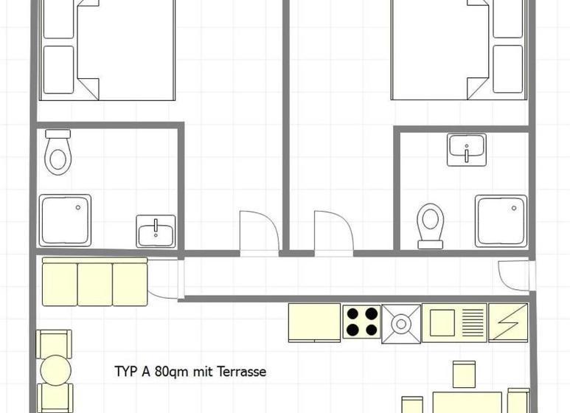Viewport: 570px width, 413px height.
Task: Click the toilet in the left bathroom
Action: pyautogui.click(x=58, y=153)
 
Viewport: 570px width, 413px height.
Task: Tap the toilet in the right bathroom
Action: pyautogui.click(x=431, y=226)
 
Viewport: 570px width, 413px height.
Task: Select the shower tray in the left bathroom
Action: pyautogui.click(x=65, y=221)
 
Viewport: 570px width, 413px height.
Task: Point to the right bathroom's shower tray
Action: pyautogui.click(x=501, y=221)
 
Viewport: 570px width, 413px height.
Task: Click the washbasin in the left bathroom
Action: pyautogui.click(x=156, y=232)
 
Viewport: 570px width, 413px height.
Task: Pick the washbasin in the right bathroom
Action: pyautogui.click(x=467, y=150)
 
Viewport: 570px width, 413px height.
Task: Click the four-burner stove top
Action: pyautogui.click(x=361, y=322)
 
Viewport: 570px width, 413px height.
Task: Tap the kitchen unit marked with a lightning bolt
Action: pyautogui.click(x=508, y=323)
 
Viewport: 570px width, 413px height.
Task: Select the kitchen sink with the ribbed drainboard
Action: pyautogui.click(x=454, y=323)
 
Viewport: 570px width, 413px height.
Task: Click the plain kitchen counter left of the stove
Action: pyautogui.click(x=314, y=323)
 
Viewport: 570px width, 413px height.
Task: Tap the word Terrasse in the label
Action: pyautogui.click(x=241, y=372)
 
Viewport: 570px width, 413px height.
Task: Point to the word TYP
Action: pyautogui.click(x=126, y=372)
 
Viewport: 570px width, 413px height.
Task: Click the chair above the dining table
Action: pyautogui.click(x=465, y=375)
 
